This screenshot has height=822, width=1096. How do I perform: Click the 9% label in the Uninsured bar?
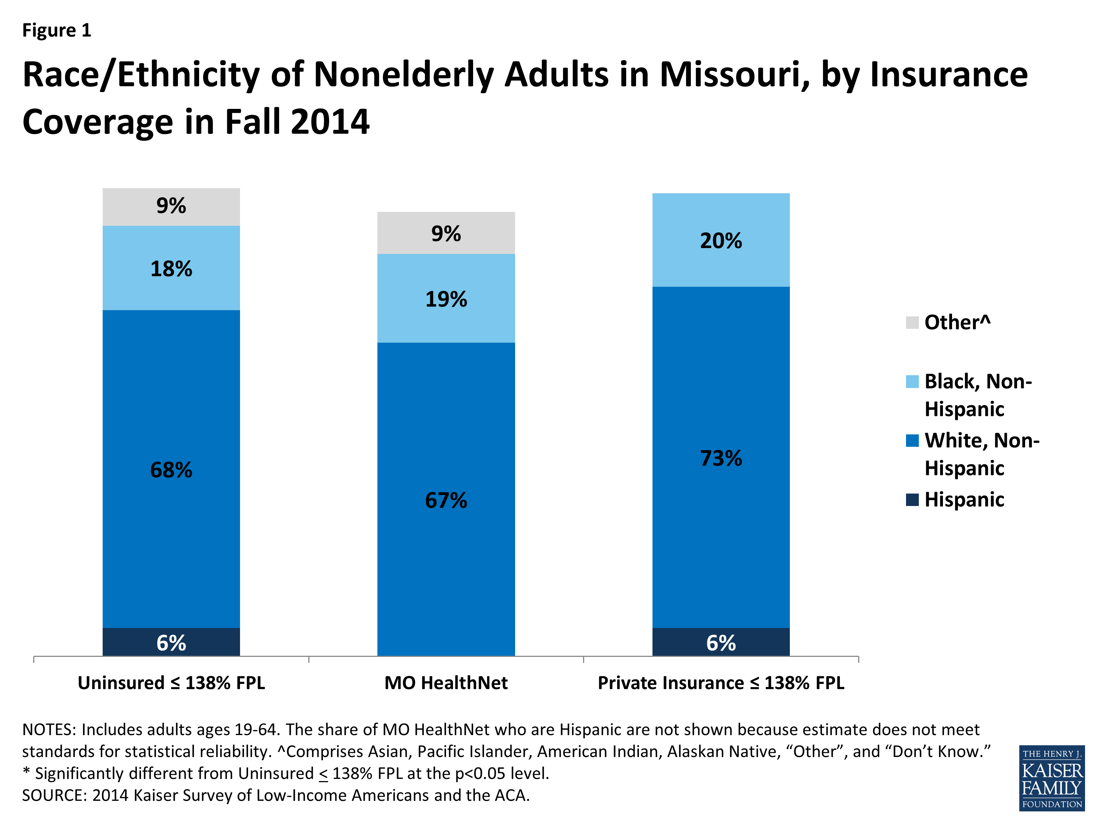pos(171,206)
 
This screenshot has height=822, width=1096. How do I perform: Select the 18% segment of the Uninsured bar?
pos(171,269)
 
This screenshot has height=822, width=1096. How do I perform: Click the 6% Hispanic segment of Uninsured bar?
pos(171,643)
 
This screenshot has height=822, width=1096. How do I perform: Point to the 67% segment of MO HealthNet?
pos(446,499)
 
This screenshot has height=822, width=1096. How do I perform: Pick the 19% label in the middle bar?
pos(446,299)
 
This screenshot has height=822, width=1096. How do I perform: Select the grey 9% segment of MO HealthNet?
pos(446,233)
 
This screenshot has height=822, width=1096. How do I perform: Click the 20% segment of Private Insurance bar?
pos(721,240)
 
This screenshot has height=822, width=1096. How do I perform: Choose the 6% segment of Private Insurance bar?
pos(721,643)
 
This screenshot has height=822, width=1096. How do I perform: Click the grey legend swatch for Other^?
pos(912,323)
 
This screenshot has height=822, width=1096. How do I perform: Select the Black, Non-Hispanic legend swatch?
pos(912,381)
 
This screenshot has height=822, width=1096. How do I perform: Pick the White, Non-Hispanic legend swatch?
pos(912,441)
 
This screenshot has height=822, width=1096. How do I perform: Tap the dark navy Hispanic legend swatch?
pos(912,499)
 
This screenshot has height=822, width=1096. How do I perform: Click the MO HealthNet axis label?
pos(446,683)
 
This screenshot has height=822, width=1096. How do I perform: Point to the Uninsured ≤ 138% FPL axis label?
pos(171,683)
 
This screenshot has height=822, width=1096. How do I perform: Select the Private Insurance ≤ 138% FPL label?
pos(721,683)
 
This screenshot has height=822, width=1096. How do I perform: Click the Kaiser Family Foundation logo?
pos(1051,778)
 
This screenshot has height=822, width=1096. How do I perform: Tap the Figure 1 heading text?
pos(57,30)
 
